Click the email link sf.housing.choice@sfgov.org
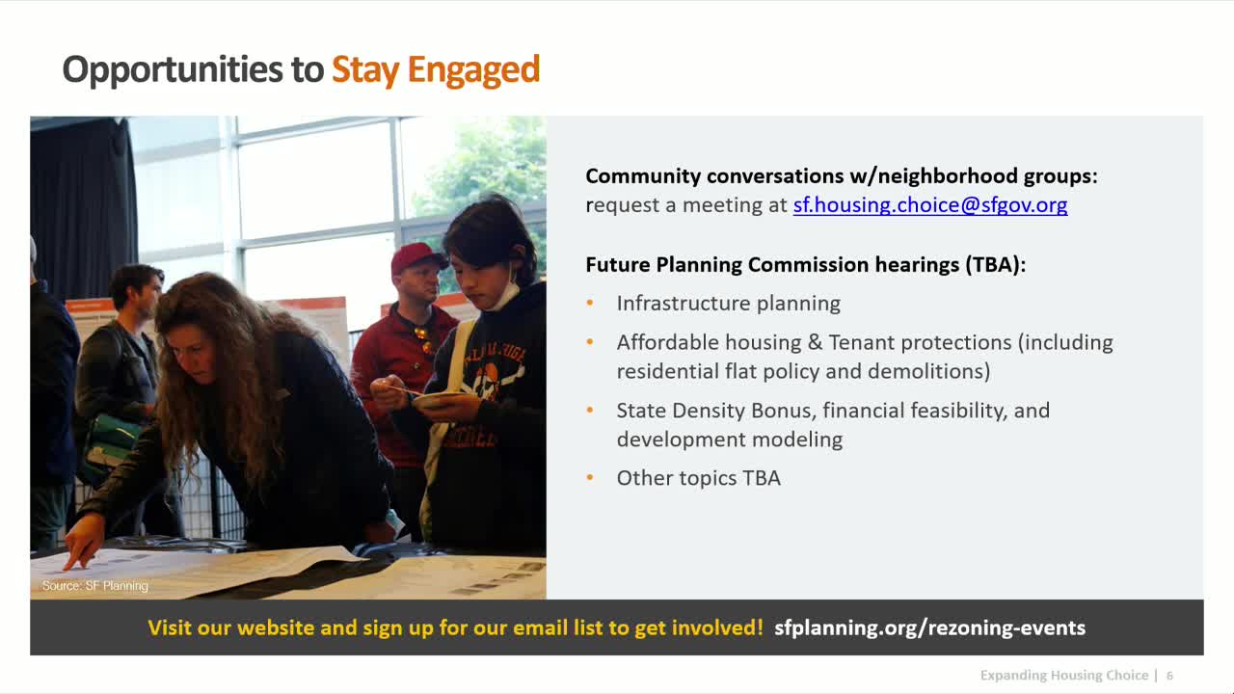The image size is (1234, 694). (x=929, y=205)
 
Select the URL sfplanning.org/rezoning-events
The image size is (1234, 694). (x=929, y=627)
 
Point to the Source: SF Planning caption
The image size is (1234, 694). (x=94, y=585)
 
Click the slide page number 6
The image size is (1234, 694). (x=1170, y=676)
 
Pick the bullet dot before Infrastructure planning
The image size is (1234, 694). (x=590, y=304)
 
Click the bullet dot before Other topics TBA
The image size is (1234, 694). (x=590, y=478)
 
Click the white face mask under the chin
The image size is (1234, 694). (x=502, y=293)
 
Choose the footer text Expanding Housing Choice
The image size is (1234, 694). (x=1063, y=676)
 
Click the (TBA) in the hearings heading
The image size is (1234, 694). (x=994, y=264)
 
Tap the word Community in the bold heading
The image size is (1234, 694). (x=642, y=176)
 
